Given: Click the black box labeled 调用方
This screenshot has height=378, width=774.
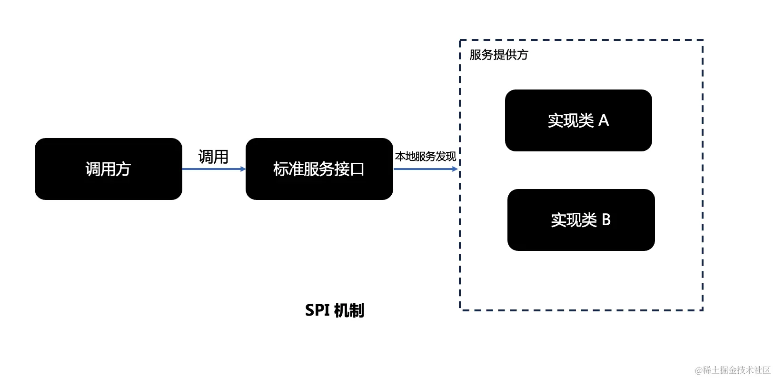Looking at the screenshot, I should [108, 169].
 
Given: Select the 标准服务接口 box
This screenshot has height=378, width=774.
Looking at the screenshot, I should [319, 169].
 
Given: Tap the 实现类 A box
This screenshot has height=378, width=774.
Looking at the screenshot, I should [578, 120].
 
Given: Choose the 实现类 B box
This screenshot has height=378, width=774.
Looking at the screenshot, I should [581, 220].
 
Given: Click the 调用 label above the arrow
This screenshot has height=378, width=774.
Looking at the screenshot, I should [213, 157].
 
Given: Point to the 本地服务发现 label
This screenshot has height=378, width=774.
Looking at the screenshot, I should [425, 156].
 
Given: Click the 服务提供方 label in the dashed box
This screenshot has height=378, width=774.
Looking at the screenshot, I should [498, 55].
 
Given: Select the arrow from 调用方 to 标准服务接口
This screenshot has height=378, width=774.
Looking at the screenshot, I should [212, 169].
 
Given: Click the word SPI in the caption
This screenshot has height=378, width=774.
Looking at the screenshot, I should [317, 310].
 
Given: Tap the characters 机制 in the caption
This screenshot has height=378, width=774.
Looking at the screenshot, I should [349, 310].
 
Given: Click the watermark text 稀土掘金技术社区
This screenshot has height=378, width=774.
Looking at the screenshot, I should [736, 370].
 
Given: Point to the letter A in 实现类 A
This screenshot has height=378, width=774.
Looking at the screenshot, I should [604, 120].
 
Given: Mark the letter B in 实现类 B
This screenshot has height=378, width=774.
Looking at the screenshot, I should [606, 220].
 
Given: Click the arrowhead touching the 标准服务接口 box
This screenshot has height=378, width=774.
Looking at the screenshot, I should [243, 169].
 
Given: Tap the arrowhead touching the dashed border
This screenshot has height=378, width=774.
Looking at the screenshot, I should [455, 169].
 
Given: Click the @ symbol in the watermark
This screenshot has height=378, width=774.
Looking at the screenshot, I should [699, 370].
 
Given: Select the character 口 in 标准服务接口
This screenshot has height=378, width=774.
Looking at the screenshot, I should [357, 169].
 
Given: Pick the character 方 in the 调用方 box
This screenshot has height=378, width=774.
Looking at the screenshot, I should [123, 169].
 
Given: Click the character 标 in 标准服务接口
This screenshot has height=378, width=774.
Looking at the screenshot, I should [280, 169].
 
